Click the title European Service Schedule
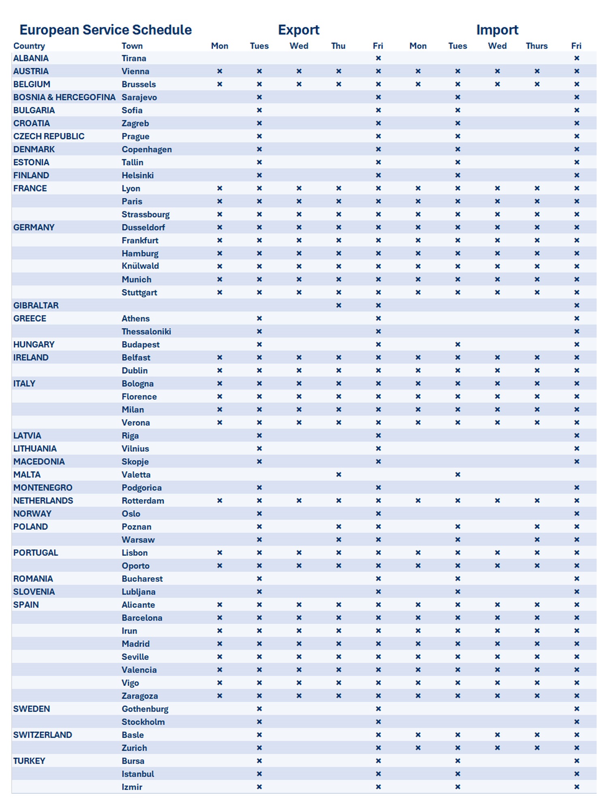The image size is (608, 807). [x=105, y=30]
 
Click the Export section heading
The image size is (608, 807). [x=299, y=30]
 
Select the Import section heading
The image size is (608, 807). [x=497, y=30]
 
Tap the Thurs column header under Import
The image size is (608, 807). [x=537, y=46]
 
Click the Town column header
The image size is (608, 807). [x=132, y=46]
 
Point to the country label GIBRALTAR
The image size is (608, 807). [x=36, y=305]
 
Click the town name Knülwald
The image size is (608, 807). [x=140, y=266]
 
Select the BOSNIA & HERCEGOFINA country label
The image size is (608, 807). [x=64, y=97]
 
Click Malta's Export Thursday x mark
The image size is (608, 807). [x=338, y=474]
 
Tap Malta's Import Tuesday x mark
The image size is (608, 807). [x=458, y=474]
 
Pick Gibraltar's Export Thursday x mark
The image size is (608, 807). [x=338, y=305]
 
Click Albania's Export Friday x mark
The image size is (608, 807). [x=378, y=58]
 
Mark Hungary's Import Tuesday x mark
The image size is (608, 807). [x=458, y=344]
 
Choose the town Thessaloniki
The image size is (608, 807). [x=146, y=331]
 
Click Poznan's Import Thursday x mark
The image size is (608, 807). [x=537, y=527]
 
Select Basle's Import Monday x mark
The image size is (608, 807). [x=418, y=735]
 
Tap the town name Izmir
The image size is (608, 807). [x=132, y=787]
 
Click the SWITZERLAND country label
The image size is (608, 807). [x=43, y=735]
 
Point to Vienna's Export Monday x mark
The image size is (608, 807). [x=220, y=71]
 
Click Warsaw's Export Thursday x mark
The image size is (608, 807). [x=338, y=540]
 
